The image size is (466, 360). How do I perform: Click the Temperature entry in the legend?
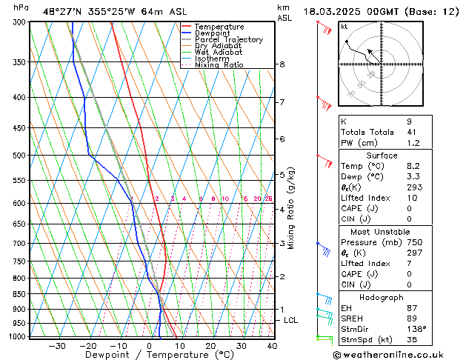click(x=218, y=27)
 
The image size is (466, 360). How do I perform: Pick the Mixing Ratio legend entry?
click(x=219, y=65)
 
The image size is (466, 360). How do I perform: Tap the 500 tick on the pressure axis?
click(x=20, y=156)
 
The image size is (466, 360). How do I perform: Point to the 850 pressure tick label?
click(x=20, y=294)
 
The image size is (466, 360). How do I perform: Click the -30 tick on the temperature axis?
click(x=57, y=345)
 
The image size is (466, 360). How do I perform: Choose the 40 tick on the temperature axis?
click(x=272, y=345)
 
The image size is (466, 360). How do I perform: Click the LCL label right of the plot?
click(x=291, y=320)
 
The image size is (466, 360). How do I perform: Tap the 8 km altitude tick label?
click(x=282, y=64)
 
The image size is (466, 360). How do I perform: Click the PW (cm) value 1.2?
click(x=413, y=143)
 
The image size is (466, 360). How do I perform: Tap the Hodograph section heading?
click(x=382, y=296)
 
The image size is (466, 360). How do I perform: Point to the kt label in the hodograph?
click(x=344, y=27)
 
